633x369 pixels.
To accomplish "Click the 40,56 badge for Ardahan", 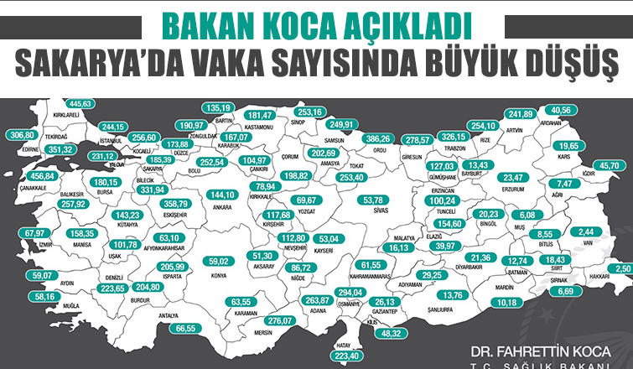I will [563, 110].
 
